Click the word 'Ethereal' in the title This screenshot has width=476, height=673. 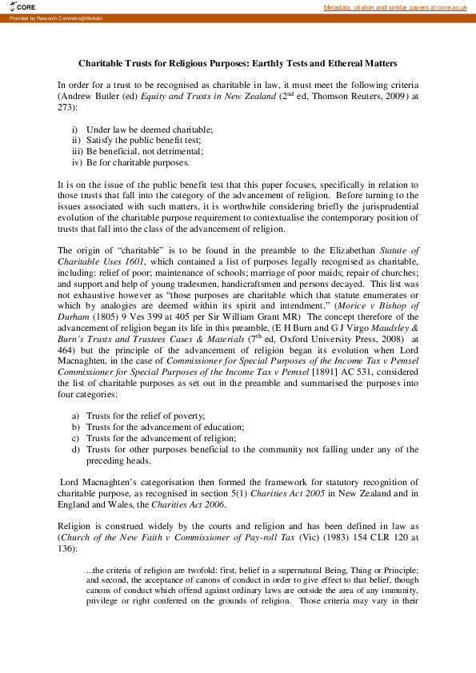(333, 62)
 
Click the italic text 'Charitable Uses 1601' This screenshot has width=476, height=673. (94, 261)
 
